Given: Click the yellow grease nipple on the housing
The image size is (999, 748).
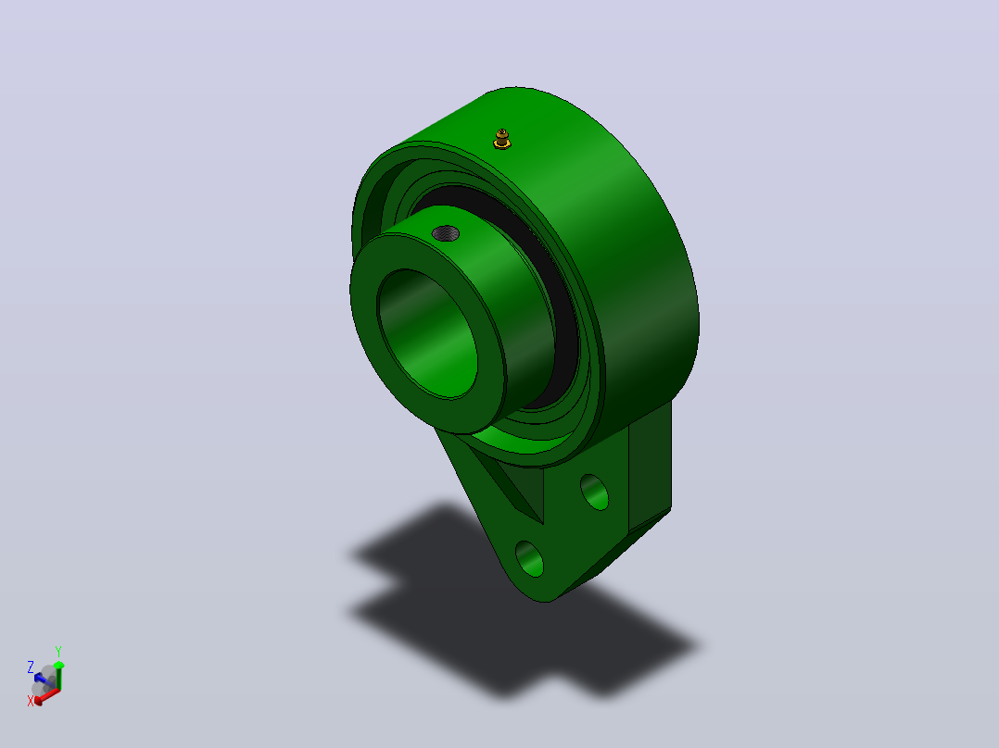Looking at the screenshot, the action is [502, 139].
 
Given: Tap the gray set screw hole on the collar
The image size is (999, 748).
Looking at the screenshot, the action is [446, 233].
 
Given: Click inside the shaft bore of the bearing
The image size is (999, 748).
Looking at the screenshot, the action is [427, 334].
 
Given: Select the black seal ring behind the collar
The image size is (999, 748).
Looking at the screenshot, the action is [548, 268].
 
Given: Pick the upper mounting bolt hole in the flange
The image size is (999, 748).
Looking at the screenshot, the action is [594, 492].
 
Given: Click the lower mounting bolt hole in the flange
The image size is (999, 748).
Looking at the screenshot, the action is [529, 559].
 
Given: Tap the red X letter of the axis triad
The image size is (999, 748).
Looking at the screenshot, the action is [30, 701].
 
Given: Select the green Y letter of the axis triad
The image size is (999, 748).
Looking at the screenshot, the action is [58, 652].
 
